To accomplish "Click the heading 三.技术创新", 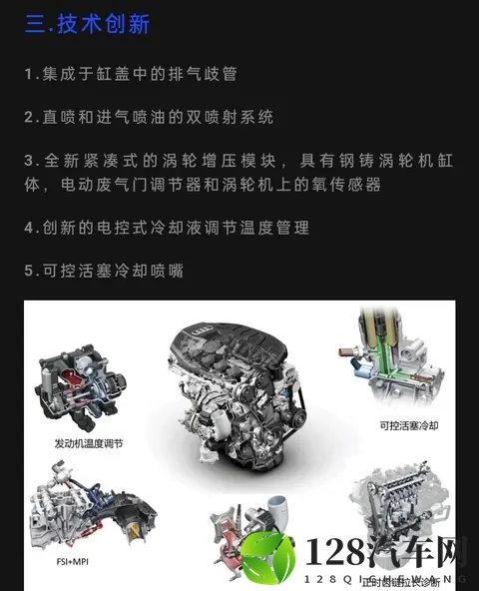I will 88,24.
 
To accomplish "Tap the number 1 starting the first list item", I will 29,75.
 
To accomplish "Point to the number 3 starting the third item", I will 30,161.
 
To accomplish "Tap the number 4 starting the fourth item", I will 30,229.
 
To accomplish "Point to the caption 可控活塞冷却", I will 409,425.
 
